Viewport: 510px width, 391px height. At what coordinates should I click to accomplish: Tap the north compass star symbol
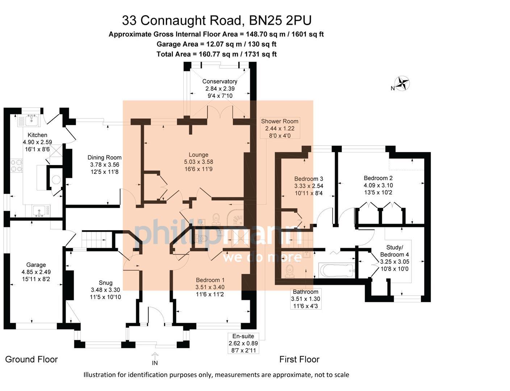point(402,83)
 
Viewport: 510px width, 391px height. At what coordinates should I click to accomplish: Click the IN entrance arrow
point(155,357)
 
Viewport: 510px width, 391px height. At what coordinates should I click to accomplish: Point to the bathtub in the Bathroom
point(336,270)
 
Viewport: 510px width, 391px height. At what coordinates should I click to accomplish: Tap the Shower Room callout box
point(280,128)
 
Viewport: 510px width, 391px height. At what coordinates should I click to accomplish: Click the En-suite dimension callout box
point(243,343)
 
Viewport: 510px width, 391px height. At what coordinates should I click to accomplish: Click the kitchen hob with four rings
point(16,166)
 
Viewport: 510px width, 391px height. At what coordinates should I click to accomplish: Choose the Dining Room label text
point(104,157)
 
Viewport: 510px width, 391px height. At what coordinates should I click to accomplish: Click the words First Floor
point(299,360)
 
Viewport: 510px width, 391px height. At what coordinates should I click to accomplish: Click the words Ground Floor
point(32,360)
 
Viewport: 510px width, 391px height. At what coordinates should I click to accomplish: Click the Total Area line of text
point(216,54)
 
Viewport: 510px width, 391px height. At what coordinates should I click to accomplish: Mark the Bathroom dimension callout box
point(305,299)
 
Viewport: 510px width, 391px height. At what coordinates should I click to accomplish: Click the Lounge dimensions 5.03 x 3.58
point(198,162)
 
